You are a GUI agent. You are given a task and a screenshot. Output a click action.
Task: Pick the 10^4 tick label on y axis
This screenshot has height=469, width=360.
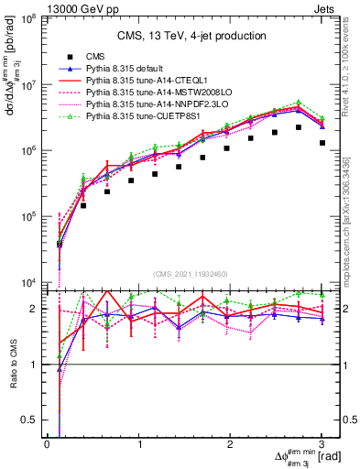click(29, 283)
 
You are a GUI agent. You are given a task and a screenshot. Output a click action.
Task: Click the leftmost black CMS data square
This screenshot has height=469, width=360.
click(60, 244)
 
